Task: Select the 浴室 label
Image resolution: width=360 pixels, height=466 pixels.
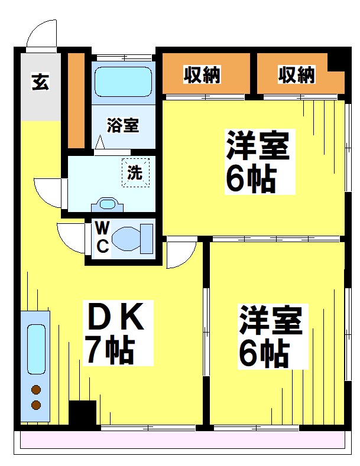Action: pos(123,125)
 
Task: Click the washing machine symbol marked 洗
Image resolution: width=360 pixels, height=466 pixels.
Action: pos(135,173)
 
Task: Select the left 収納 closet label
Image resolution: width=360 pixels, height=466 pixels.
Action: pos(202,75)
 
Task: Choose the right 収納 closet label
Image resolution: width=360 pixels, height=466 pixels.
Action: pos(297,75)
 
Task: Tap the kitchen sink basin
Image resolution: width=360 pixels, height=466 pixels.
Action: pos(36,348)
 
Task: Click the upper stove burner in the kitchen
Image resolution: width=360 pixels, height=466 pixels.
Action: pos(36,390)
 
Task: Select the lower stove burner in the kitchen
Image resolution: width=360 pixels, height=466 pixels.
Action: pos(36,405)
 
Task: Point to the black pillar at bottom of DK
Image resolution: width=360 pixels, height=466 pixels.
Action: pos(82,413)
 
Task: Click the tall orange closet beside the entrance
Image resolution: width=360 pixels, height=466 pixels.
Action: pos(76,100)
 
